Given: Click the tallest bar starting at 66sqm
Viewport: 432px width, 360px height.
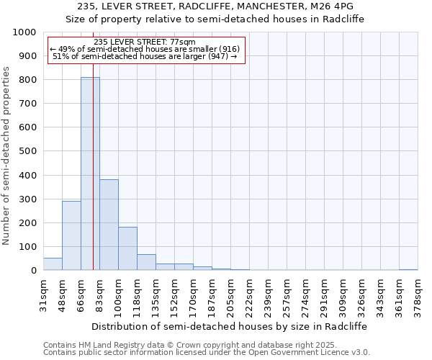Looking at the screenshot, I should pyautogui.click(x=90, y=174).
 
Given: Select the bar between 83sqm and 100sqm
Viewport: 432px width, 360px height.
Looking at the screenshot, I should pyautogui.click(x=109, y=225).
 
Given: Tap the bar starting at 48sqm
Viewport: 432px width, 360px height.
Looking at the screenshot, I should pyautogui.click(x=71, y=235).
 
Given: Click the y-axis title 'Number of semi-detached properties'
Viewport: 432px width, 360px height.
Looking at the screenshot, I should pyautogui.click(x=6, y=156).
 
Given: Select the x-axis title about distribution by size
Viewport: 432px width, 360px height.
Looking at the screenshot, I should pyautogui.click(x=230, y=326).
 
